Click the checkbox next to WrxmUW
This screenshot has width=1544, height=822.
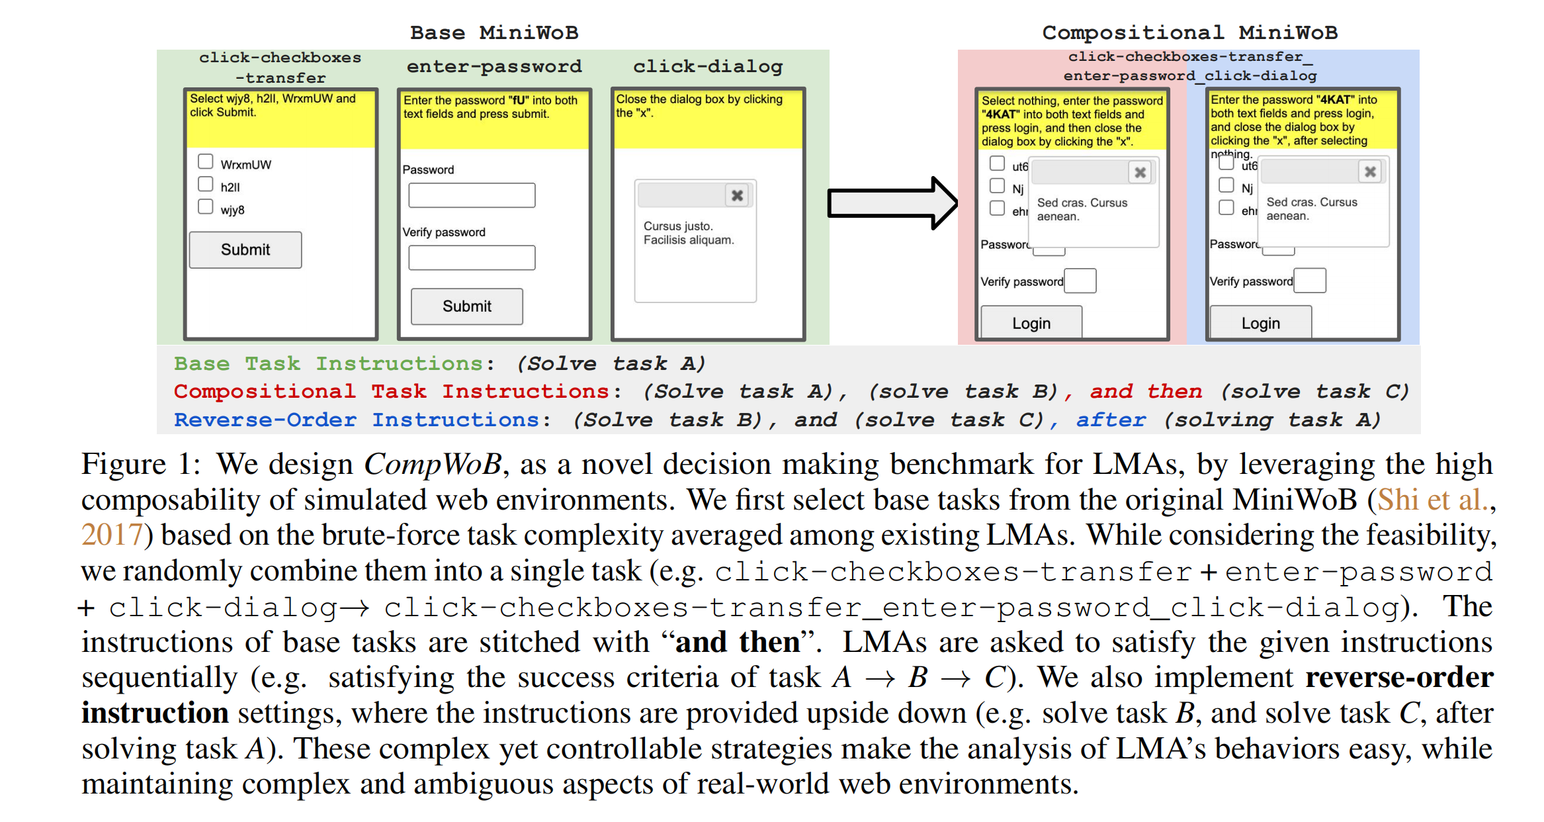(x=206, y=162)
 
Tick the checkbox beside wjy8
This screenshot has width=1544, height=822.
(x=206, y=207)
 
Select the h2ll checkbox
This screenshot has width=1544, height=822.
(x=206, y=185)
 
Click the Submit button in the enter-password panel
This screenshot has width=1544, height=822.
(x=466, y=306)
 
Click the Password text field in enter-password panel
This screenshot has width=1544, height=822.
(x=472, y=195)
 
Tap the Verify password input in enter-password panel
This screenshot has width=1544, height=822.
(x=472, y=257)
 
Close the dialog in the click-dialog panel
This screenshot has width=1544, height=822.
(x=737, y=195)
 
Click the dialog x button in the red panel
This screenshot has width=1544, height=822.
(x=1140, y=173)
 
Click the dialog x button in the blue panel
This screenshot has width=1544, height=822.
(x=1369, y=172)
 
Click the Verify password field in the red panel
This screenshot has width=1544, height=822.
(x=1080, y=281)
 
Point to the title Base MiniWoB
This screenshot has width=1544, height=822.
(x=494, y=32)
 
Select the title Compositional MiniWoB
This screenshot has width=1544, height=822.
(x=1189, y=32)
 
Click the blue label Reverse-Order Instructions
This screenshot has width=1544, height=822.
(x=357, y=420)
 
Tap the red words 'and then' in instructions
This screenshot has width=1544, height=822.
(x=1146, y=392)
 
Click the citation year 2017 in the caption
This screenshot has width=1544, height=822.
(x=112, y=535)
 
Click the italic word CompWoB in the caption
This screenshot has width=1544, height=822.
(x=433, y=464)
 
